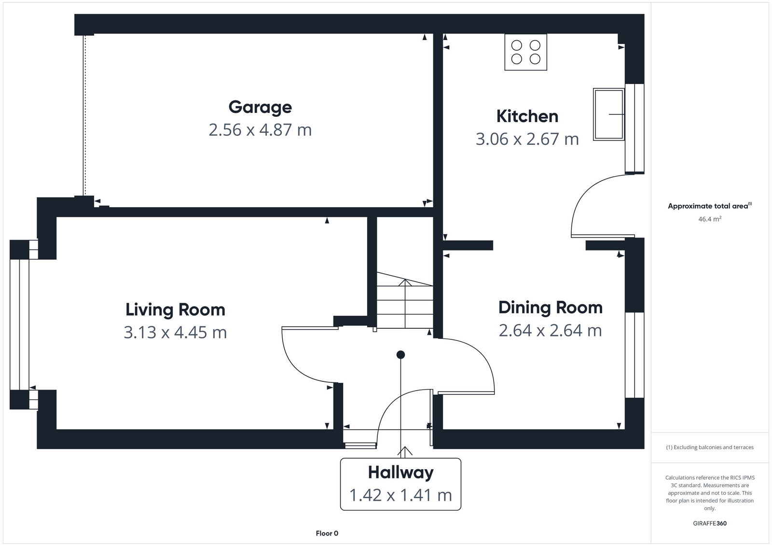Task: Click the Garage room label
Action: point(260,107)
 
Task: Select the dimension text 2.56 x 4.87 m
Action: point(260,130)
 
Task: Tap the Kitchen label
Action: point(527,116)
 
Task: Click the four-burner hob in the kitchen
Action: point(525,52)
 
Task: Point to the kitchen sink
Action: point(608,114)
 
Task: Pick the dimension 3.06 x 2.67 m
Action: point(527,139)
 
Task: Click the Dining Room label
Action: point(550,308)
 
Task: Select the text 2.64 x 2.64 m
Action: point(550,331)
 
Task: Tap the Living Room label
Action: point(175,309)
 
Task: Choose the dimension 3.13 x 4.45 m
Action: point(175,333)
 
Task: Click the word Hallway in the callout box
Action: point(400,472)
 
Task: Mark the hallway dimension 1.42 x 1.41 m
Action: point(400,495)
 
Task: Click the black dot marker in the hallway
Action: point(400,355)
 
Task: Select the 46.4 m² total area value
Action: point(709,219)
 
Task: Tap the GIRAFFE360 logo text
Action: point(709,523)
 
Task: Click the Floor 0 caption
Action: point(327,533)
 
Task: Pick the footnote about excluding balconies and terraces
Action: point(709,448)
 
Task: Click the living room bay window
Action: point(20,324)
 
